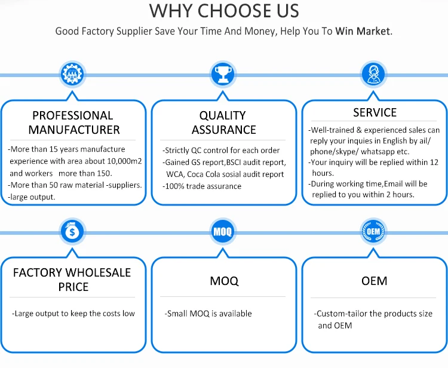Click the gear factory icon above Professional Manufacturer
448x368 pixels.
[73, 75]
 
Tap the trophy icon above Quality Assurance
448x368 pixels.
[223, 75]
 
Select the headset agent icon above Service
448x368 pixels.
[374, 75]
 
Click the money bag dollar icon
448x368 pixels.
[73, 231]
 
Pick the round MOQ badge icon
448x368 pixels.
[223, 231]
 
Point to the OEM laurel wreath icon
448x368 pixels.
[374, 231]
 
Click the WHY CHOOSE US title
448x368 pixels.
[224, 11]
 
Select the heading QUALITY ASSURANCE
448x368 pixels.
[223, 122]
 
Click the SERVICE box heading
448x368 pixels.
[375, 112]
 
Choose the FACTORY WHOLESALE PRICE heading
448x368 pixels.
[73, 280]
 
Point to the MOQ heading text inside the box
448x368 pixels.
[224, 281]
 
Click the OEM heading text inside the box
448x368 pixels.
[375, 281]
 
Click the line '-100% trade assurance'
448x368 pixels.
[202, 186]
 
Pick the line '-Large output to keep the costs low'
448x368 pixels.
[73, 313]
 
